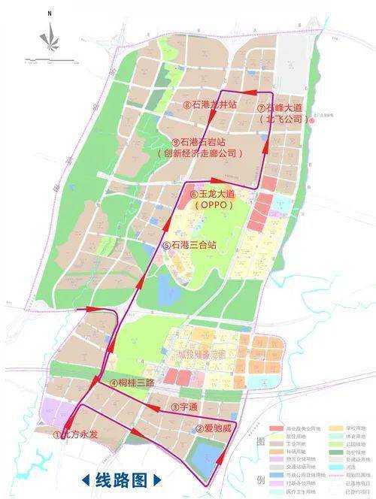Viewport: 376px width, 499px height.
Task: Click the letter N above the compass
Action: point(50,14)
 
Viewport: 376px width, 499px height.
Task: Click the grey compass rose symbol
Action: point(50,35)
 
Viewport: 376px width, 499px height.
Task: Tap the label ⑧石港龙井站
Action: point(211,106)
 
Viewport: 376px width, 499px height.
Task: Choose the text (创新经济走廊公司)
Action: point(202,153)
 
